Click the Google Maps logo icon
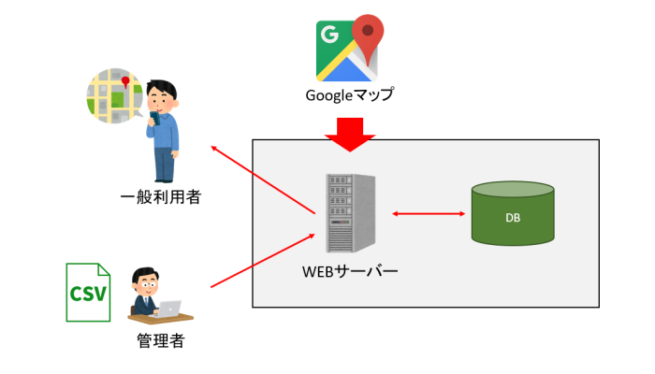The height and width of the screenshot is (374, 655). click(349, 49)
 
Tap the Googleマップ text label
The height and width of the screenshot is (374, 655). click(349, 94)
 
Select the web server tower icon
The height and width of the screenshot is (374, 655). click(351, 214)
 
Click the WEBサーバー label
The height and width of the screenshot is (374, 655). click(350, 273)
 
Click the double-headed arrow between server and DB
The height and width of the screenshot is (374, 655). click(429, 215)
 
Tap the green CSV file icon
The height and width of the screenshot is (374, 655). click(87, 293)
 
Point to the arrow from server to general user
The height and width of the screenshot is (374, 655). click(263, 182)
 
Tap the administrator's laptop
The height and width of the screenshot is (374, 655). click(171, 309)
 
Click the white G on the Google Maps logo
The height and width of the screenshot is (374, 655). click(329, 36)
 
